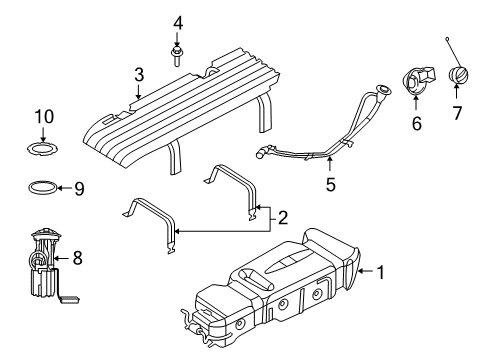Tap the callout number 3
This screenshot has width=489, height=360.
(x=140, y=73)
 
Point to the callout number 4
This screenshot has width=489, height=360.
(x=177, y=22)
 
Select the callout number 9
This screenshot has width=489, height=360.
(x=81, y=186)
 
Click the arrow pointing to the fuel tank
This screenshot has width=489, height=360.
(x=366, y=270)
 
